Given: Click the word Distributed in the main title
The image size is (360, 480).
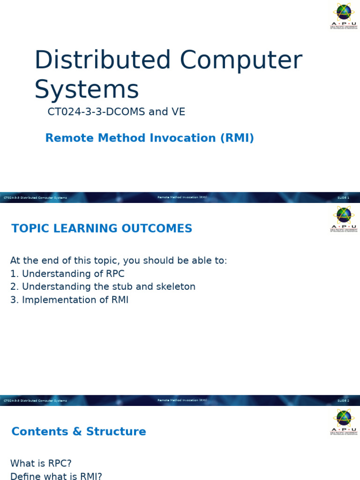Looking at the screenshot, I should [102, 60].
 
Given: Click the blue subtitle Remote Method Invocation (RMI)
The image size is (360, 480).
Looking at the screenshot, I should [150, 138].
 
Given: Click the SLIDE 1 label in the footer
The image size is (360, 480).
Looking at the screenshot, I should [343, 198].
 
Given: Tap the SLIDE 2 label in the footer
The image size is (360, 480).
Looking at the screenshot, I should [343, 401].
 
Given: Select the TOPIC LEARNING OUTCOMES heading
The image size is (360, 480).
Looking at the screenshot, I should [102, 229].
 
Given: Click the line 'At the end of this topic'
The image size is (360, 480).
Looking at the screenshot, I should [119, 261].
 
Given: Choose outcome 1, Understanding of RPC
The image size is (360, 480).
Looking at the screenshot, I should [67, 274].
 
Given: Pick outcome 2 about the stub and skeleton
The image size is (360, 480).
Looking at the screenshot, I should [103, 286].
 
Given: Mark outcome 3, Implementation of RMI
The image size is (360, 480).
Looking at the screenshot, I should [69, 300].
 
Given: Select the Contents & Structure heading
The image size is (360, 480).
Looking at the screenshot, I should [79, 432].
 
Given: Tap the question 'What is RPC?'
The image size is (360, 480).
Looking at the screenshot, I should [41, 464].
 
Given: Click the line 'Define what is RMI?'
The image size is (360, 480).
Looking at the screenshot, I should [56, 476].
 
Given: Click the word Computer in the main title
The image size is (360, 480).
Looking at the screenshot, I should [241, 60].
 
